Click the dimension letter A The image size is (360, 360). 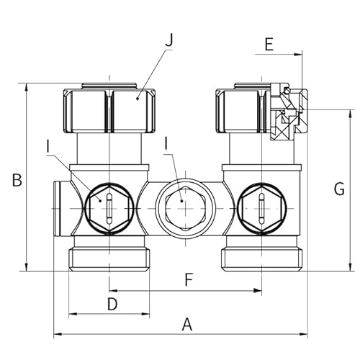click(187, 325)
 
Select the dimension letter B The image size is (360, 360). click(16, 180)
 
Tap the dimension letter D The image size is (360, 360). click(112, 304)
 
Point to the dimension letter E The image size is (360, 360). click(269, 45)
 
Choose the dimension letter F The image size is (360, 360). click(189, 279)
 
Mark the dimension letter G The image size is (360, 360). click(339, 189)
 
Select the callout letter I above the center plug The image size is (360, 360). click(167, 143)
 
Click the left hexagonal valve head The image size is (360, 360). click(108, 208)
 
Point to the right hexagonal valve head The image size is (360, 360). click(261, 208)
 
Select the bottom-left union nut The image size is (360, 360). click(109, 257)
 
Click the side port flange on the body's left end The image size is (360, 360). click(58, 208)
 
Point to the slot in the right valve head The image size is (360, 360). click(261, 208)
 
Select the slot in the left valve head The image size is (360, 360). click(108, 209)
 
